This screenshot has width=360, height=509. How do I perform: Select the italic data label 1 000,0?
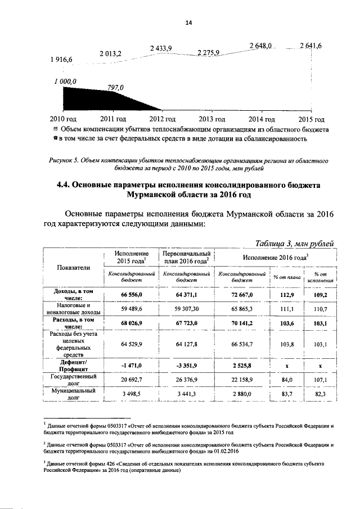pos(65,82)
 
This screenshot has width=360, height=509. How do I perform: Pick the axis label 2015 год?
pos(312,119)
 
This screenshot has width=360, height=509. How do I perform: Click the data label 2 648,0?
pos(260,46)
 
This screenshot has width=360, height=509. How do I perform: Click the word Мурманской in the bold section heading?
pos(160,195)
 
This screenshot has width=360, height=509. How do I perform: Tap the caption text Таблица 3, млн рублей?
pos(295,243)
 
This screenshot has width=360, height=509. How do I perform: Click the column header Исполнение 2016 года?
pos(277,256)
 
